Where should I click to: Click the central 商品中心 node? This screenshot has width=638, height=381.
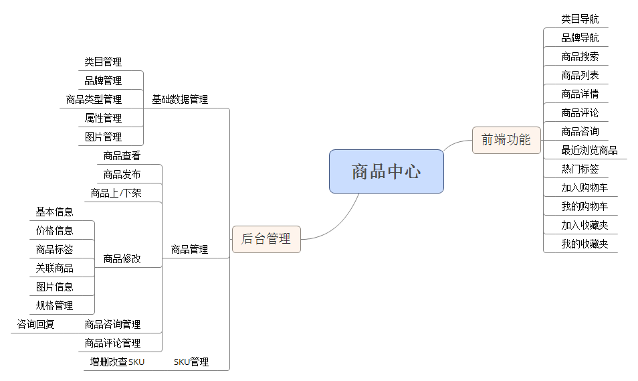point(386,171)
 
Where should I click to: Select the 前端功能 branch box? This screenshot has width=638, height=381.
point(506,140)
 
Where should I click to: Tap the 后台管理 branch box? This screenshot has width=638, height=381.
point(266,239)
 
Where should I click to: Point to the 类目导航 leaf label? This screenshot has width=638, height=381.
point(580,19)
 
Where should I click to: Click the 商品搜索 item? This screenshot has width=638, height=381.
point(580,56)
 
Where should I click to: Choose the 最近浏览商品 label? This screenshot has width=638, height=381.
point(589,150)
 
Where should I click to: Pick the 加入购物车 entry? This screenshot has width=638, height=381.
point(584,187)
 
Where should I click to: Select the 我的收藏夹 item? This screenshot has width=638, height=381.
point(584,244)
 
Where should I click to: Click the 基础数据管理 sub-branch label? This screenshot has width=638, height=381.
point(180,99)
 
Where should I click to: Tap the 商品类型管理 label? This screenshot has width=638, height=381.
point(94,99)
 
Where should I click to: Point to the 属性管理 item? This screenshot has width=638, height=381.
point(103,118)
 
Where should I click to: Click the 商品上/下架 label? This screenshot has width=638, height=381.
point(116,194)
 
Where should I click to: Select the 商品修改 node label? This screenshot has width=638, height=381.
point(122,258)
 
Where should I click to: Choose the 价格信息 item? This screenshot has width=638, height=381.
point(55,230)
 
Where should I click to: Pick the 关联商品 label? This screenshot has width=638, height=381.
point(55,268)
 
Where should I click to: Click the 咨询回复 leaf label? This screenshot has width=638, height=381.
point(36,324)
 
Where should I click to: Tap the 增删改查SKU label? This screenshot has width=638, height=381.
point(118,362)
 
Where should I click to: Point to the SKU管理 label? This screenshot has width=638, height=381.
point(191,362)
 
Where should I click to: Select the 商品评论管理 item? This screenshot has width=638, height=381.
point(112,343)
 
